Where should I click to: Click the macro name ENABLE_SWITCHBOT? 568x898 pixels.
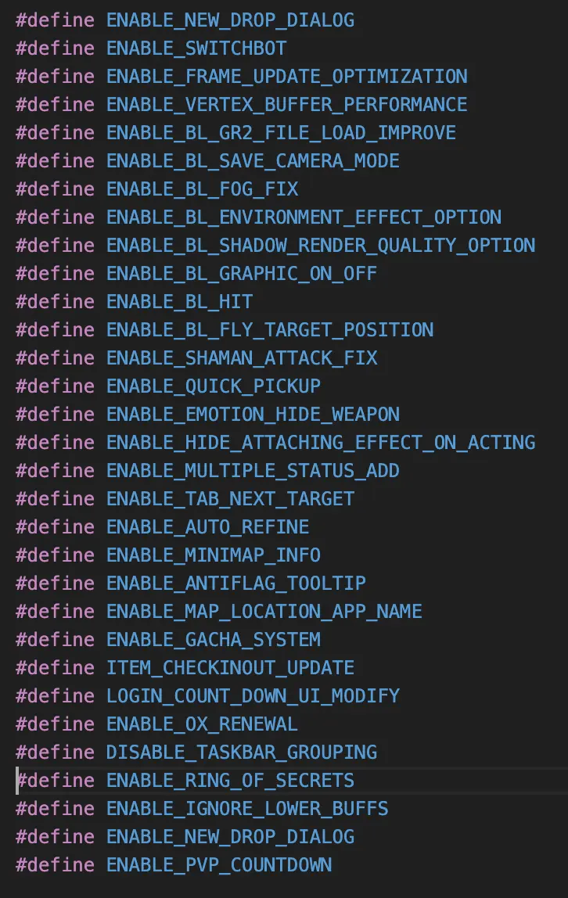pyautogui.click(x=196, y=48)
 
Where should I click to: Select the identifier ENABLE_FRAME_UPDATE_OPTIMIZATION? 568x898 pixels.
pyautogui.click(x=287, y=77)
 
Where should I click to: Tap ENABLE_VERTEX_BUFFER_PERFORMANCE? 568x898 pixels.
pyautogui.click(x=287, y=105)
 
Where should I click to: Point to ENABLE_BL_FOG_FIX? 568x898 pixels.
pyautogui.click(x=202, y=189)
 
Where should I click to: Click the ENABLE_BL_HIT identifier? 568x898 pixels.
pyautogui.click(x=179, y=302)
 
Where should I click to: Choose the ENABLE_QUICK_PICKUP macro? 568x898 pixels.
pyautogui.click(x=214, y=386)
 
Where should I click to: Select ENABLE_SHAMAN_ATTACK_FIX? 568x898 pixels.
pyautogui.click(x=242, y=358)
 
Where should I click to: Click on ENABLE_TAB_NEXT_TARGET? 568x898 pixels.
pyautogui.click(x=230, y=499)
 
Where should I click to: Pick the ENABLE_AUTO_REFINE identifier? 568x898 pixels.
pyautogui.click(x=207, y=527)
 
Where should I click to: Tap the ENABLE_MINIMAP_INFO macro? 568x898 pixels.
pyautogui.click(x=214, y=555)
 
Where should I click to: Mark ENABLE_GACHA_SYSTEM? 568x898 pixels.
pyautogui.click(x=214, y=640)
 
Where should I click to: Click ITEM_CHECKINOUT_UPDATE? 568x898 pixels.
pyautogui.click(x=230, y=668)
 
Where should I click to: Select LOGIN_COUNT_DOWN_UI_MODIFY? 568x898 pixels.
pyautogui.click(x=253, y=696)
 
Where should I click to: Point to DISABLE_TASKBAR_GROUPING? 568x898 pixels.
pyautogui.click(x=242, y=753)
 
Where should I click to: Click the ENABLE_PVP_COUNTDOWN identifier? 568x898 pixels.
pyautogui.click(x=219, y=865)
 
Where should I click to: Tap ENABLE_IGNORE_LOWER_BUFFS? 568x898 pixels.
pyautogui.click(x=247, y=809)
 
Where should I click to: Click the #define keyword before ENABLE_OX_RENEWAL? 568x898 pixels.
pyautogui.click(x=55, y=724)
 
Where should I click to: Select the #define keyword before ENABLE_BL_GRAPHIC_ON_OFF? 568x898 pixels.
pyautogui.click(x=55, y=274)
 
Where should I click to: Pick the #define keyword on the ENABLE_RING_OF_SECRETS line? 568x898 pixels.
pyautogui.click(x=55, y=781)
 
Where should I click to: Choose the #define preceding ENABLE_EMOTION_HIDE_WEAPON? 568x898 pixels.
pyautogui.click(x=55, y=415)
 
